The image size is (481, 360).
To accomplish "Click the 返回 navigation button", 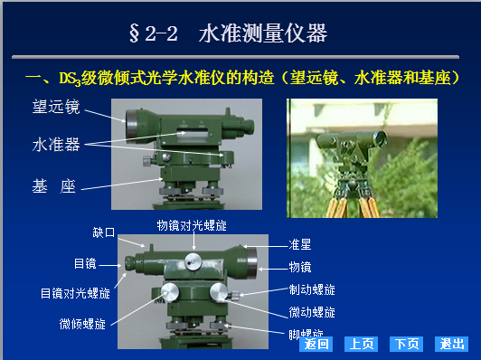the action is (316, 344).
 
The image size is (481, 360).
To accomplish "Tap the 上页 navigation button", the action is (361, 344).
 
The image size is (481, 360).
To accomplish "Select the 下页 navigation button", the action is (406, 344).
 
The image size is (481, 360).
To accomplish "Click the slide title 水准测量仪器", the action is (263, 33).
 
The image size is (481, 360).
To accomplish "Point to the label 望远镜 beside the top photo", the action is (56, 107).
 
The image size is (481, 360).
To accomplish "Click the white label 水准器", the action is (56, 144).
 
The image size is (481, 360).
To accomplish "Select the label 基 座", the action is (54, 186).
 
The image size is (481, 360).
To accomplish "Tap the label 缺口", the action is (104, 232).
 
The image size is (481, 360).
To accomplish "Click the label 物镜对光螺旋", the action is (192, 225).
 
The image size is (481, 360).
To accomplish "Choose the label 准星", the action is (300, 245).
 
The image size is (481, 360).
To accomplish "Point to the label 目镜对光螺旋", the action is (75, 293).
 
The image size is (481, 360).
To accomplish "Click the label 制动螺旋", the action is (312, 289).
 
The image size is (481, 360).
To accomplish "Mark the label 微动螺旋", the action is (312, 312).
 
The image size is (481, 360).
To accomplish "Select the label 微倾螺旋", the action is (82, 324).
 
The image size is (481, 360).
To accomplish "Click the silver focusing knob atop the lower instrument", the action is (193, 261).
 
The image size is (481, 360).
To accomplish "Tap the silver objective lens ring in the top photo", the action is (131, 124).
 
